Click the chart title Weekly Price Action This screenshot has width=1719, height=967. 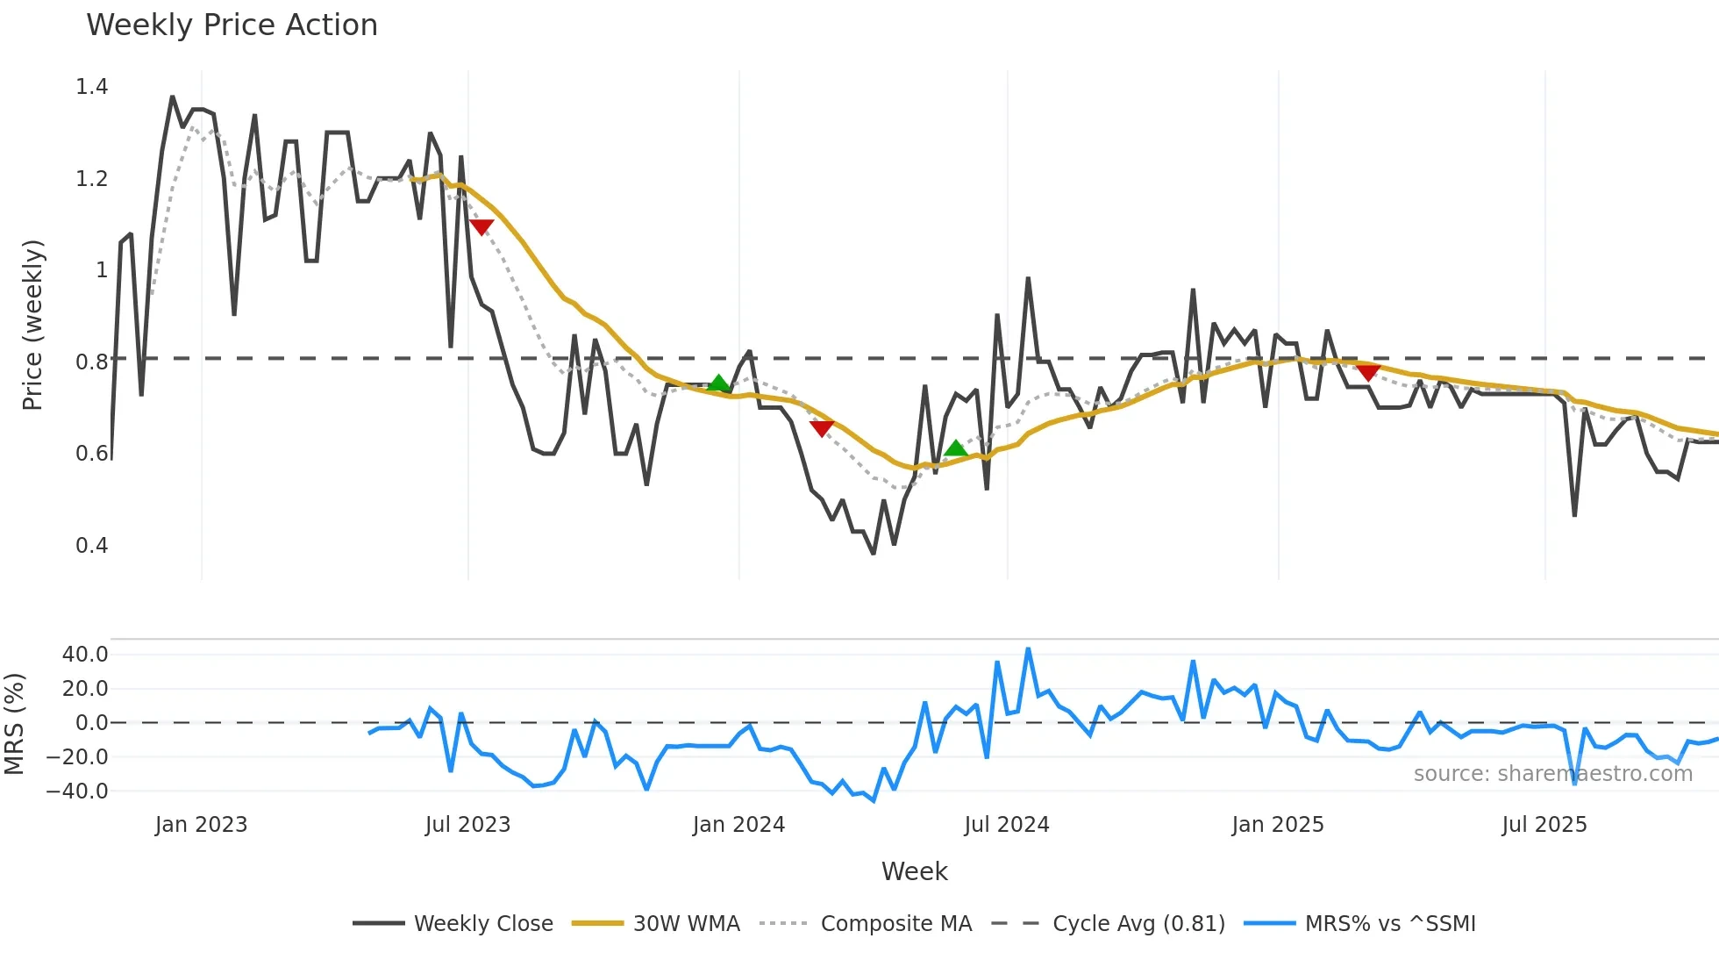point(232,25)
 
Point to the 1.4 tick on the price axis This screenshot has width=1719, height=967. point(92,87)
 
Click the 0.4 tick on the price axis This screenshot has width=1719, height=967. point(92,546)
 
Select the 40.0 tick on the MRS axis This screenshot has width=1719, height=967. point(85,655)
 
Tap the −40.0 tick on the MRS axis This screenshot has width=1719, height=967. point(77,792)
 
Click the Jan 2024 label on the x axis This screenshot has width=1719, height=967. point(738,825)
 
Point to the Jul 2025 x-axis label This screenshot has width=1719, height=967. point(1544,825)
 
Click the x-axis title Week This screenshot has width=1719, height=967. point(914,871)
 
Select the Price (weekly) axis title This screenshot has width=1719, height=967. point(32,325)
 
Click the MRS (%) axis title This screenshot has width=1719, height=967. point(14,724)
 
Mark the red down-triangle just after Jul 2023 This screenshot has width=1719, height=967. point(481,227)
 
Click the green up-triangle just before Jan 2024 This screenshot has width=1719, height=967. point(719,383)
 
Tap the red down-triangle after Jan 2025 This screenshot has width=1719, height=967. point(1368,372)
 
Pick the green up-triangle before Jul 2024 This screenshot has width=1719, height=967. point(956,448)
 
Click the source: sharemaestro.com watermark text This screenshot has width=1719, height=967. point(1552,774)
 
